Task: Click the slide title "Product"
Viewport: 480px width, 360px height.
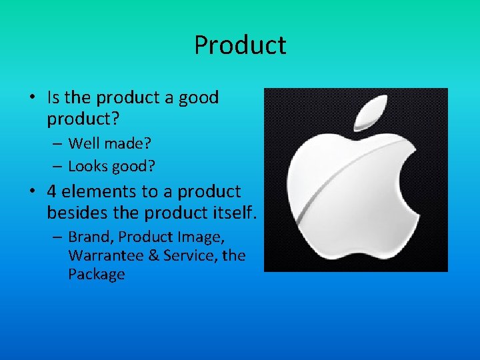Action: pos(240,45)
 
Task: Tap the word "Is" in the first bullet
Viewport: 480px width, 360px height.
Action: pos(54,98)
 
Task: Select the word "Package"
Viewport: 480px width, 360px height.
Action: pos(96,275)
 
